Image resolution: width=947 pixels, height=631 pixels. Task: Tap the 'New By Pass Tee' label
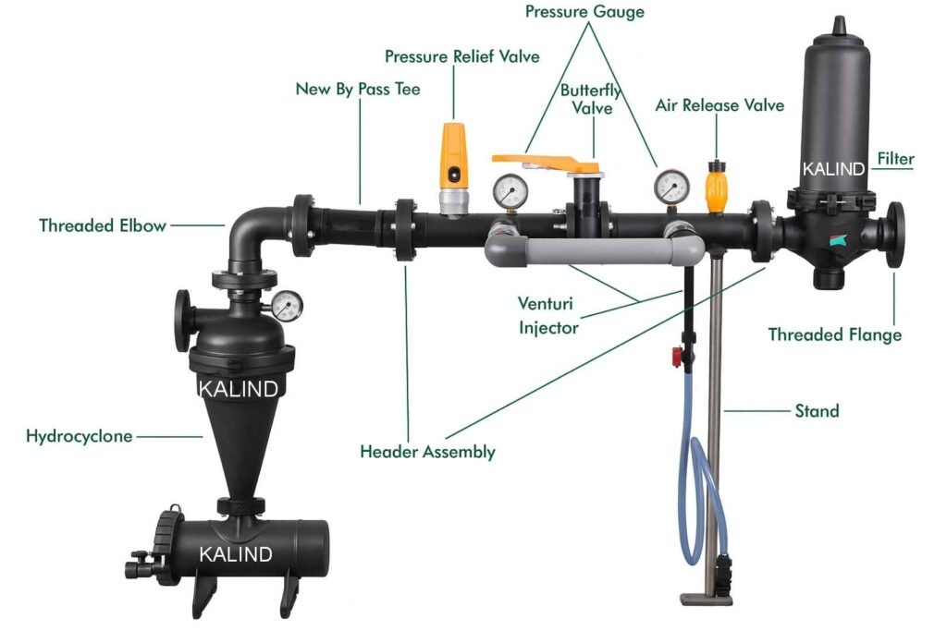coord(358,90)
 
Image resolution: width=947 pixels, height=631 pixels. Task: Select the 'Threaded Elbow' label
coord(103,225)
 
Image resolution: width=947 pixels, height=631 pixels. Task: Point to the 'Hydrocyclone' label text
coord(80,436)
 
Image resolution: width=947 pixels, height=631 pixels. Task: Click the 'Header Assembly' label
coord(427,452)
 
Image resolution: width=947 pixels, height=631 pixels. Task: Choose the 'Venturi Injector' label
coord(549,316)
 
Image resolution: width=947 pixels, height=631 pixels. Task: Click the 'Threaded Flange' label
coord(834,334)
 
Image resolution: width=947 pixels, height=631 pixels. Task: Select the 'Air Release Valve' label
coord(719,105)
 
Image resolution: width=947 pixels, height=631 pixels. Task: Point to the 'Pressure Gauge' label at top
coord(584,12)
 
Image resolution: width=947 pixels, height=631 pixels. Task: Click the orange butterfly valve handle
coord(546,162)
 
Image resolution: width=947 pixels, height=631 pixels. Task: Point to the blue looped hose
coord(700,499)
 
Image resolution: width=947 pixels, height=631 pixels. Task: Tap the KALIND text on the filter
coord(833,169)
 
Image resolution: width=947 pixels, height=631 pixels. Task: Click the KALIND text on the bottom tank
coord(237,554)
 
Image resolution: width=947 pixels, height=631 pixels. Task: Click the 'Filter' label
coord(894,159)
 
